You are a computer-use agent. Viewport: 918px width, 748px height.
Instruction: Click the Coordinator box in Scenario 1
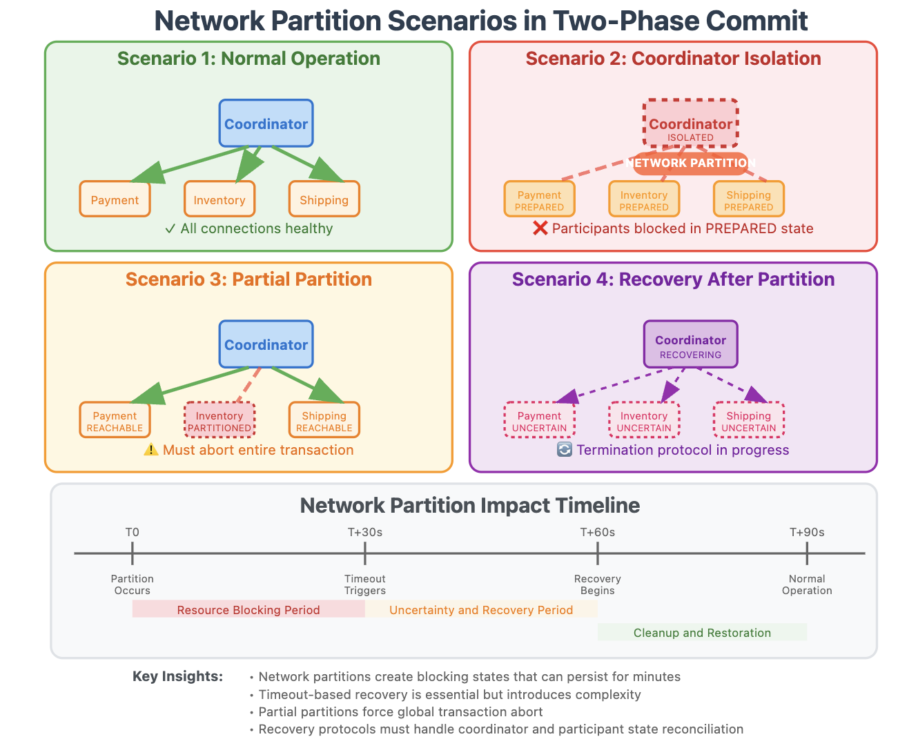click(266, 124)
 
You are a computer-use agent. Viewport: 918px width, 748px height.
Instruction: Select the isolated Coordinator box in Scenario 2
click(690, 124)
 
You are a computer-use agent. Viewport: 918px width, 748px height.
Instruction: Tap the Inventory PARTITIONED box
click(219, 420)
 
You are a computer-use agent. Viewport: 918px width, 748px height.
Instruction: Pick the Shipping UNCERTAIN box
click(748, 420)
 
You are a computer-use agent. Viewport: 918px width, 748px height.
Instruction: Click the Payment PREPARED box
click(539, 199)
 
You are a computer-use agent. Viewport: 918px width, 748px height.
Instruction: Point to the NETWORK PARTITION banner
click(690, 164)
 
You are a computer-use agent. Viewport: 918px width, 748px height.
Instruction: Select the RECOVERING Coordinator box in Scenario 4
click(690, 344)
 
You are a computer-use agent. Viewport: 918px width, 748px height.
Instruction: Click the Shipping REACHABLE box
click(324, 420)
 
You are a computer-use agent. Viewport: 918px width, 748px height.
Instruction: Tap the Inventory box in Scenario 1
click(219, 199)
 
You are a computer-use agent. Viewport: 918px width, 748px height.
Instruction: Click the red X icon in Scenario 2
click(540, 228)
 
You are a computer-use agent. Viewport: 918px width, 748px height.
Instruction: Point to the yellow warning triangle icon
click(151, 450)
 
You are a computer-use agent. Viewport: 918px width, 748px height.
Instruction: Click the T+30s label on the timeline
click(364, 532)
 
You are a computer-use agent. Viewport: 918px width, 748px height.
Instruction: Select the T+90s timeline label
click(806, 532)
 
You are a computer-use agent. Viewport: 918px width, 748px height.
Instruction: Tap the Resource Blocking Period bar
click(248, 609)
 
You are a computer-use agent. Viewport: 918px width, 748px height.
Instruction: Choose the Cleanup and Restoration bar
click(702, 632)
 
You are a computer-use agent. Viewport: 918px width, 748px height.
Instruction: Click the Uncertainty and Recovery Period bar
click(481, 609)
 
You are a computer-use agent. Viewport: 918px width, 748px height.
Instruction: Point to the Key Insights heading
click(177, 676)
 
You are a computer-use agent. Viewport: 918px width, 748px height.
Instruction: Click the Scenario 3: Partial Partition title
click(248, 279)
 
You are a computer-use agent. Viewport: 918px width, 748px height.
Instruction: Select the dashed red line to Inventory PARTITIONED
click(249, 384)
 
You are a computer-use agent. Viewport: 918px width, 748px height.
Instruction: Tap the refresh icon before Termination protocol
click(565, 450)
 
